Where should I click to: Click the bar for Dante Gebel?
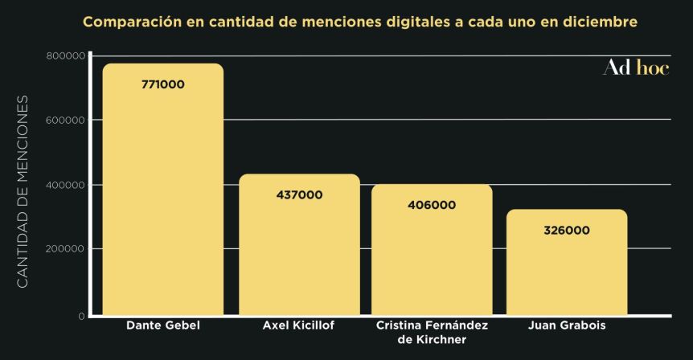[163, 193]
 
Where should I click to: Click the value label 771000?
[163, 84]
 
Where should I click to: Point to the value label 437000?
[299, 194]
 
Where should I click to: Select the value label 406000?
[432, 205]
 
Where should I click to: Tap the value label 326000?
[566, 230]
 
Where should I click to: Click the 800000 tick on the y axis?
[66, 55]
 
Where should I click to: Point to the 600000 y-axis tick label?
[66, 120]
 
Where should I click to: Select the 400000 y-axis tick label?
[66, 185]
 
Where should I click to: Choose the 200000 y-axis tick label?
[66, 249]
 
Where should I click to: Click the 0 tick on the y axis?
[81, 316]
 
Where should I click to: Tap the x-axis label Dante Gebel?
[163, 326]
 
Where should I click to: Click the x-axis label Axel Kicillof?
[299, 326]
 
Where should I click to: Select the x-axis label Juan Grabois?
[567, 326]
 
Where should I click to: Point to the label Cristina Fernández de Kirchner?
[432, 333]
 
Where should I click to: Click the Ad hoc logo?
[635, 68]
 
